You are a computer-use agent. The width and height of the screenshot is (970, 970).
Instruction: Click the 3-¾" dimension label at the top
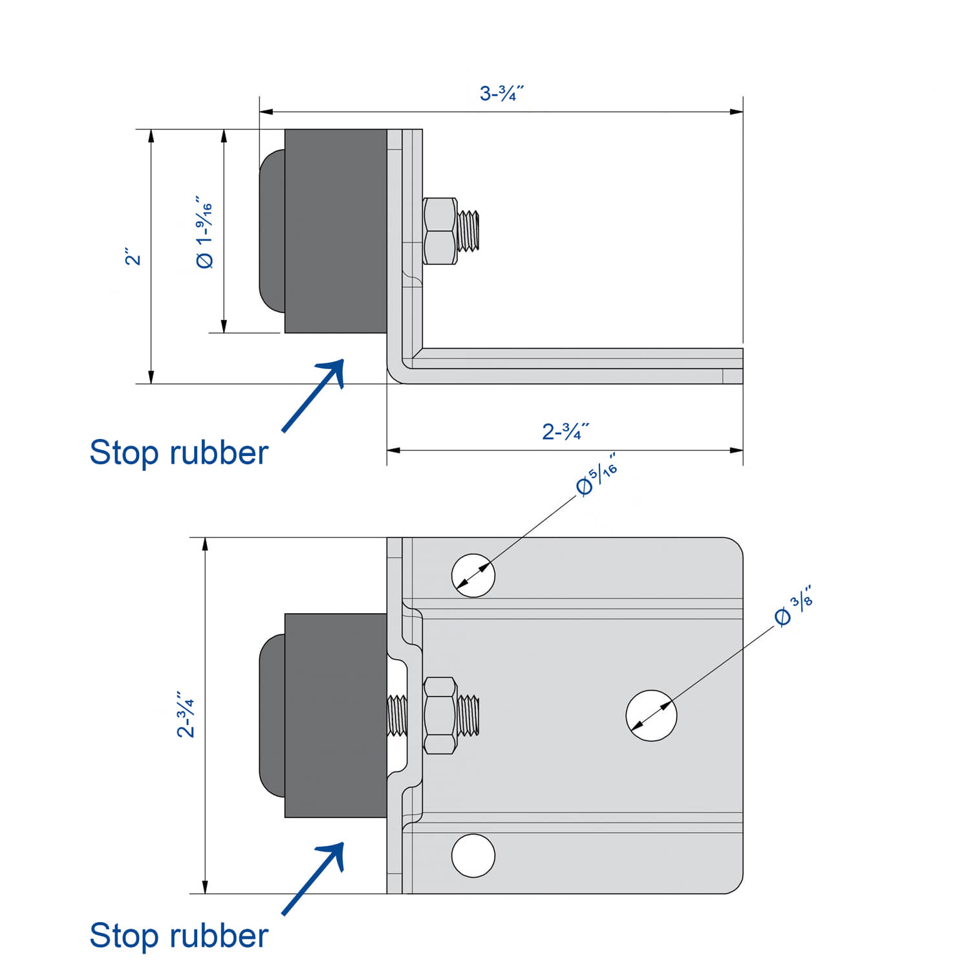click(501, 93)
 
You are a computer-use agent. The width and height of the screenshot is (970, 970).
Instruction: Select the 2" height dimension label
click(133, 256)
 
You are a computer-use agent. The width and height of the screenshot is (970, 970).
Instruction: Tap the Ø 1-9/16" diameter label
click(204, 232)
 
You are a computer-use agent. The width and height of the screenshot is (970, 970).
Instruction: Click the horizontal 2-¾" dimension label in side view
click(565, 431)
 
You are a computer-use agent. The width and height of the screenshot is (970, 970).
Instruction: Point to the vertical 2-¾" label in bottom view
click(186, 714)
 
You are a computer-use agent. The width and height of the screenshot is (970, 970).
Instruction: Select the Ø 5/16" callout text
click(596, 475)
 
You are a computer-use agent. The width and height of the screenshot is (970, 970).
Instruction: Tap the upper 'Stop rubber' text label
click(178, 453)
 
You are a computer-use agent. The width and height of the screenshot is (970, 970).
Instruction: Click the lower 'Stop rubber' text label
click(178, 936)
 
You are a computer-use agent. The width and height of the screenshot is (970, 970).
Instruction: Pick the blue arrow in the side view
click(314, 394)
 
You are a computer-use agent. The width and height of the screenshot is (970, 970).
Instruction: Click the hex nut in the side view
click(440, 231)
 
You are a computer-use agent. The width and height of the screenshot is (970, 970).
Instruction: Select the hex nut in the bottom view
click(440, 716)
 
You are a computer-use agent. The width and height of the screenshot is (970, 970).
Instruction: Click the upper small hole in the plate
click(473, 575)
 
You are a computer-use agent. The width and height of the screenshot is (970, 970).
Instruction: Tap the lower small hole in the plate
click(473, 856)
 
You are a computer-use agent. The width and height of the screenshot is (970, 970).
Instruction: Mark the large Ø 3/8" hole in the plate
click(651, 715)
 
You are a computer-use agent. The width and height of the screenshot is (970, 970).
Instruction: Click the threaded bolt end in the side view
click(469, 231)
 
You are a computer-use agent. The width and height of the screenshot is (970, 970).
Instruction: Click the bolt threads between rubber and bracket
click(397, 715)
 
